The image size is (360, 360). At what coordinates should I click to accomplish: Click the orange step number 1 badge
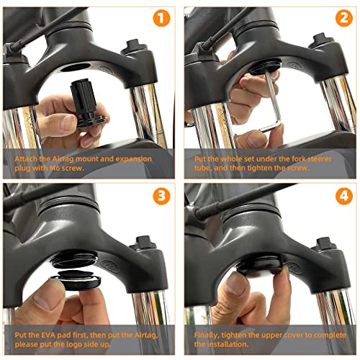coord(162,19)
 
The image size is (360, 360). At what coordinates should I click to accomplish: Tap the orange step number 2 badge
coord(343,19)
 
